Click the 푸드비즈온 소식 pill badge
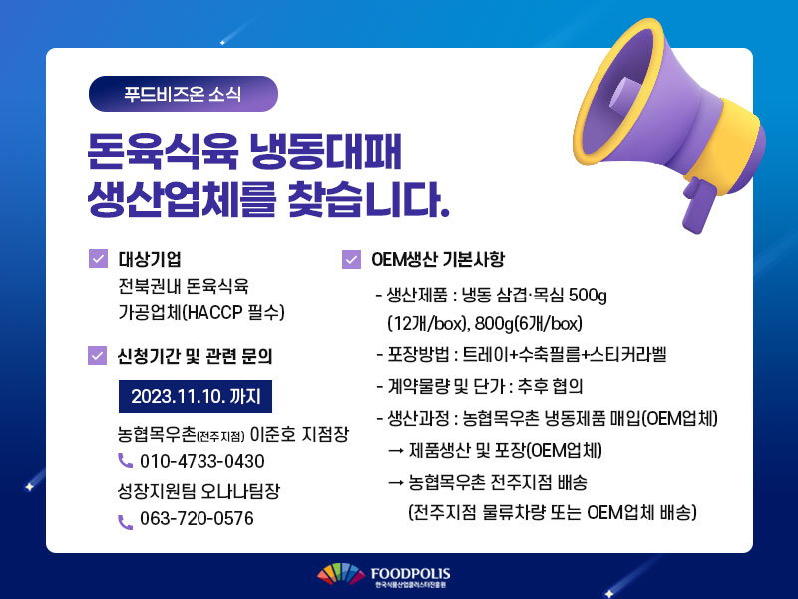click(184, 94)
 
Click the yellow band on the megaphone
click(728, 144)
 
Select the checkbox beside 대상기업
click(98, 258)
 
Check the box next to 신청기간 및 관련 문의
click(97, 356)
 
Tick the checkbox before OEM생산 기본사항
click(351, 259)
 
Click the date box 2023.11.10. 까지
click(196, 396)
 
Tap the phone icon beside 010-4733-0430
click(126, 461)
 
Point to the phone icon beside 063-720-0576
click(126, 522)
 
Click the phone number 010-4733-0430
click(202, 461)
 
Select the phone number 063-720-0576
click(197, 518)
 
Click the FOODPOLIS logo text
click(410, 574)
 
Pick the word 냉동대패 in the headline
click(326, 151)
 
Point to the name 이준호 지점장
click(300, 434)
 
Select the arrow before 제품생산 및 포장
click(395, 451)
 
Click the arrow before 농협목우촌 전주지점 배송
click(395, 482)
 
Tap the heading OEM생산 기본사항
click(438, 259)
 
